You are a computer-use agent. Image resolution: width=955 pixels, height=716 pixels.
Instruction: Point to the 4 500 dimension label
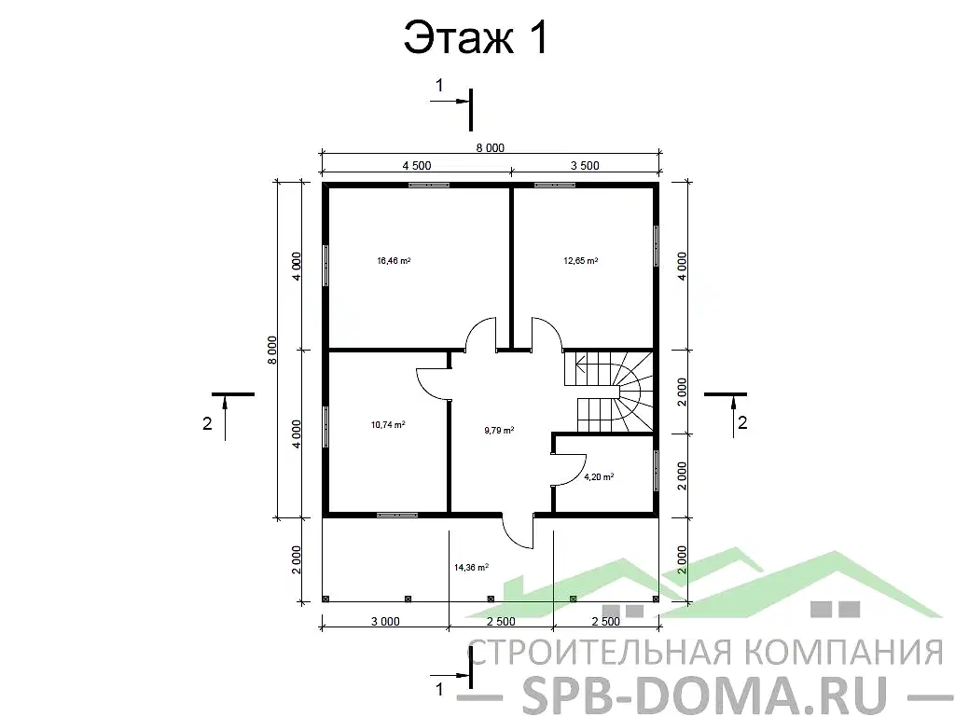coord(416,166)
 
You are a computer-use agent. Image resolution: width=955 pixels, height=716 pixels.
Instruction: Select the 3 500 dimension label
coord(584,166)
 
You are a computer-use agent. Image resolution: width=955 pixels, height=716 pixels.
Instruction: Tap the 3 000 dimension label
coord(385,621)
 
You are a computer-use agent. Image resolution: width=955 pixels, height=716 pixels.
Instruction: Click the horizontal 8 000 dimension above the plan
coord(490,147)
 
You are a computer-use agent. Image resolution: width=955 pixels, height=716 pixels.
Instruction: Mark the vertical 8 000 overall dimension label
coord(272,350)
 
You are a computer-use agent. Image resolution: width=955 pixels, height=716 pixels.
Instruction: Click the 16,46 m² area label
coord(394,261)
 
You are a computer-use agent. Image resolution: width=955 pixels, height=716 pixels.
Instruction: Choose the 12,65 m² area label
coord(580,261)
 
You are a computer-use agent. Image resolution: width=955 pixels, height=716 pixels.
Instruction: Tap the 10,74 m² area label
coord(388,424)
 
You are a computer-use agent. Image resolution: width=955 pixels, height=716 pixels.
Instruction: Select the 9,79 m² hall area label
coord(498,430)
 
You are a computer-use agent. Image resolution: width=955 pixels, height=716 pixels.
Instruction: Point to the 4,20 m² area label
coord(598,476)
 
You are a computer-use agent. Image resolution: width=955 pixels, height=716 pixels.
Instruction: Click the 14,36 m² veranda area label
coord(472,566)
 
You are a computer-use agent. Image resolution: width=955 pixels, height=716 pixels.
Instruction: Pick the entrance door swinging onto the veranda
coord(518,531)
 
